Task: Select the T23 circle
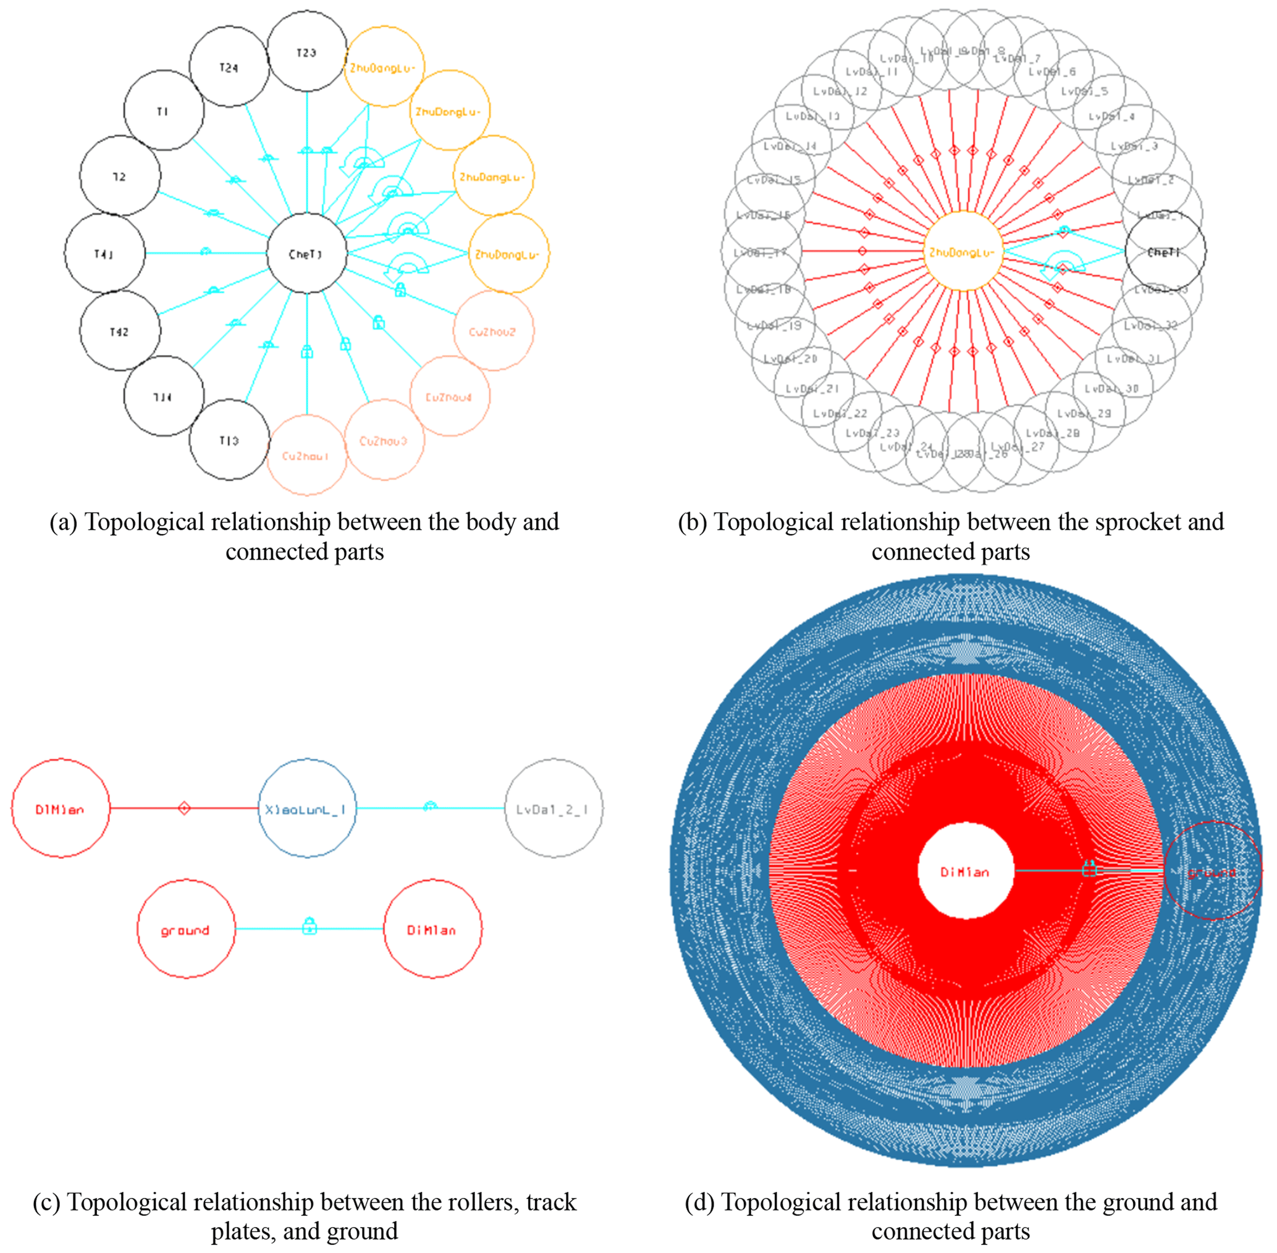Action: pyautogui.click(x=307, y=52)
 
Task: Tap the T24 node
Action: pyautogui.click(x=229, y=67)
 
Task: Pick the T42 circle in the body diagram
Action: pyautogui.click(x=120, y=331)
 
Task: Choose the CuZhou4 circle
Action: pyautogui.click(x=449, y=397)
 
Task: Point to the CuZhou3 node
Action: pyautogui.click(x=384, y=440)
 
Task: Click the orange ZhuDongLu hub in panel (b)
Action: pyautogui.click(x=963, y=252)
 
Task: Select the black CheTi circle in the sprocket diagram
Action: pyautogui.click(x=1165, y=251)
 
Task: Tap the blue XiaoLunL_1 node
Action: pyautogui.click(x=307, y=809)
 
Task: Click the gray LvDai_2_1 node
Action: pyautogui.click(x=553, y=809)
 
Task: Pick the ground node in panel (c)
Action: pyautogui.click(x=185, y=930)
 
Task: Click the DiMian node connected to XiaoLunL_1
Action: pyautogui.click(x=60, y=809)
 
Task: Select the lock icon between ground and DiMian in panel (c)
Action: pyautogui.click(x=310, y=928)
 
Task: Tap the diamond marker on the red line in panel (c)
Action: pyautogui.click(x=184, y=808)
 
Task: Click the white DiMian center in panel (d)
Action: pyautogui.click(x=965, y=871)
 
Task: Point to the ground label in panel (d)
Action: pyautogui.click(x=1212, y=873)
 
